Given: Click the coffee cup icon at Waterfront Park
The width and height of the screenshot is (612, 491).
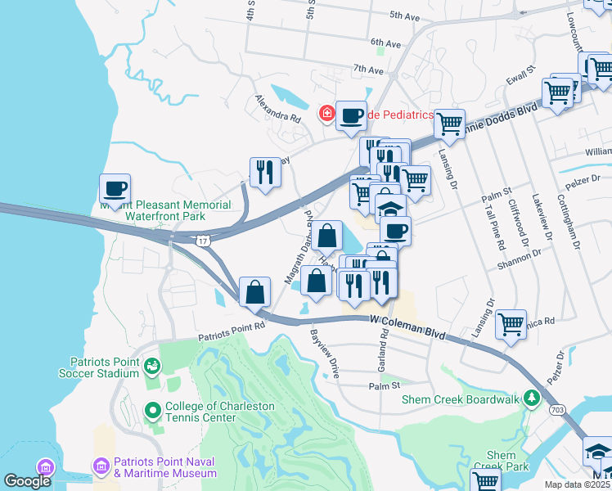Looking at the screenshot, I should click(x=115, y=189).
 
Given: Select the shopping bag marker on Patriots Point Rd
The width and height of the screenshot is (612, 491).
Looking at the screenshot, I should click(x=255, y=291).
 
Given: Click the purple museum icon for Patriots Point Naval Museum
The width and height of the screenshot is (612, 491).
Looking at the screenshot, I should click(x=102, y=466).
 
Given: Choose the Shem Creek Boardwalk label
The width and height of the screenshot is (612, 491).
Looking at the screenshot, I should click(x=460, y=399).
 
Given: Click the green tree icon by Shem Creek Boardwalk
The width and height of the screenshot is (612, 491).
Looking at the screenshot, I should click(x=532, y=399).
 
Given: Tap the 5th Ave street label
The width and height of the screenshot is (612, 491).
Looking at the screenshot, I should click(x=404, y=15).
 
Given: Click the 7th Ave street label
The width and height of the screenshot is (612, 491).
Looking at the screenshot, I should click(x=369, y=70).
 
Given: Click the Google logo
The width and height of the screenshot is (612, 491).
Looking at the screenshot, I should click(x=27, y=482).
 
